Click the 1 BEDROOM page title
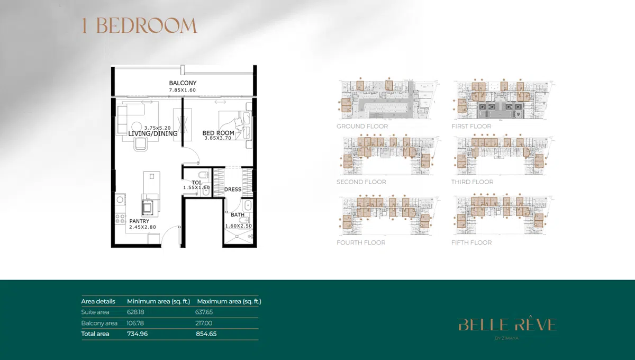coord(139,25)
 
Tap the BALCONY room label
coord(183,83)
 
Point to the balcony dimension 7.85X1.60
coord(183,90)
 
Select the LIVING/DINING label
coord(153,134)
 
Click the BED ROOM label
coord(218,133)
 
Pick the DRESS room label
coord(232,190)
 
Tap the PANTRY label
coord(139,221)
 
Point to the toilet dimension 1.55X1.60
coord(196,187)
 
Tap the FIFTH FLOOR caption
coord(471,242)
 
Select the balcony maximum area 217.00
coord(204,323)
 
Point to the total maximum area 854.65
coord(206,334)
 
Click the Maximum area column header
coord(229,301)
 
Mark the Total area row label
coord(95,334)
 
